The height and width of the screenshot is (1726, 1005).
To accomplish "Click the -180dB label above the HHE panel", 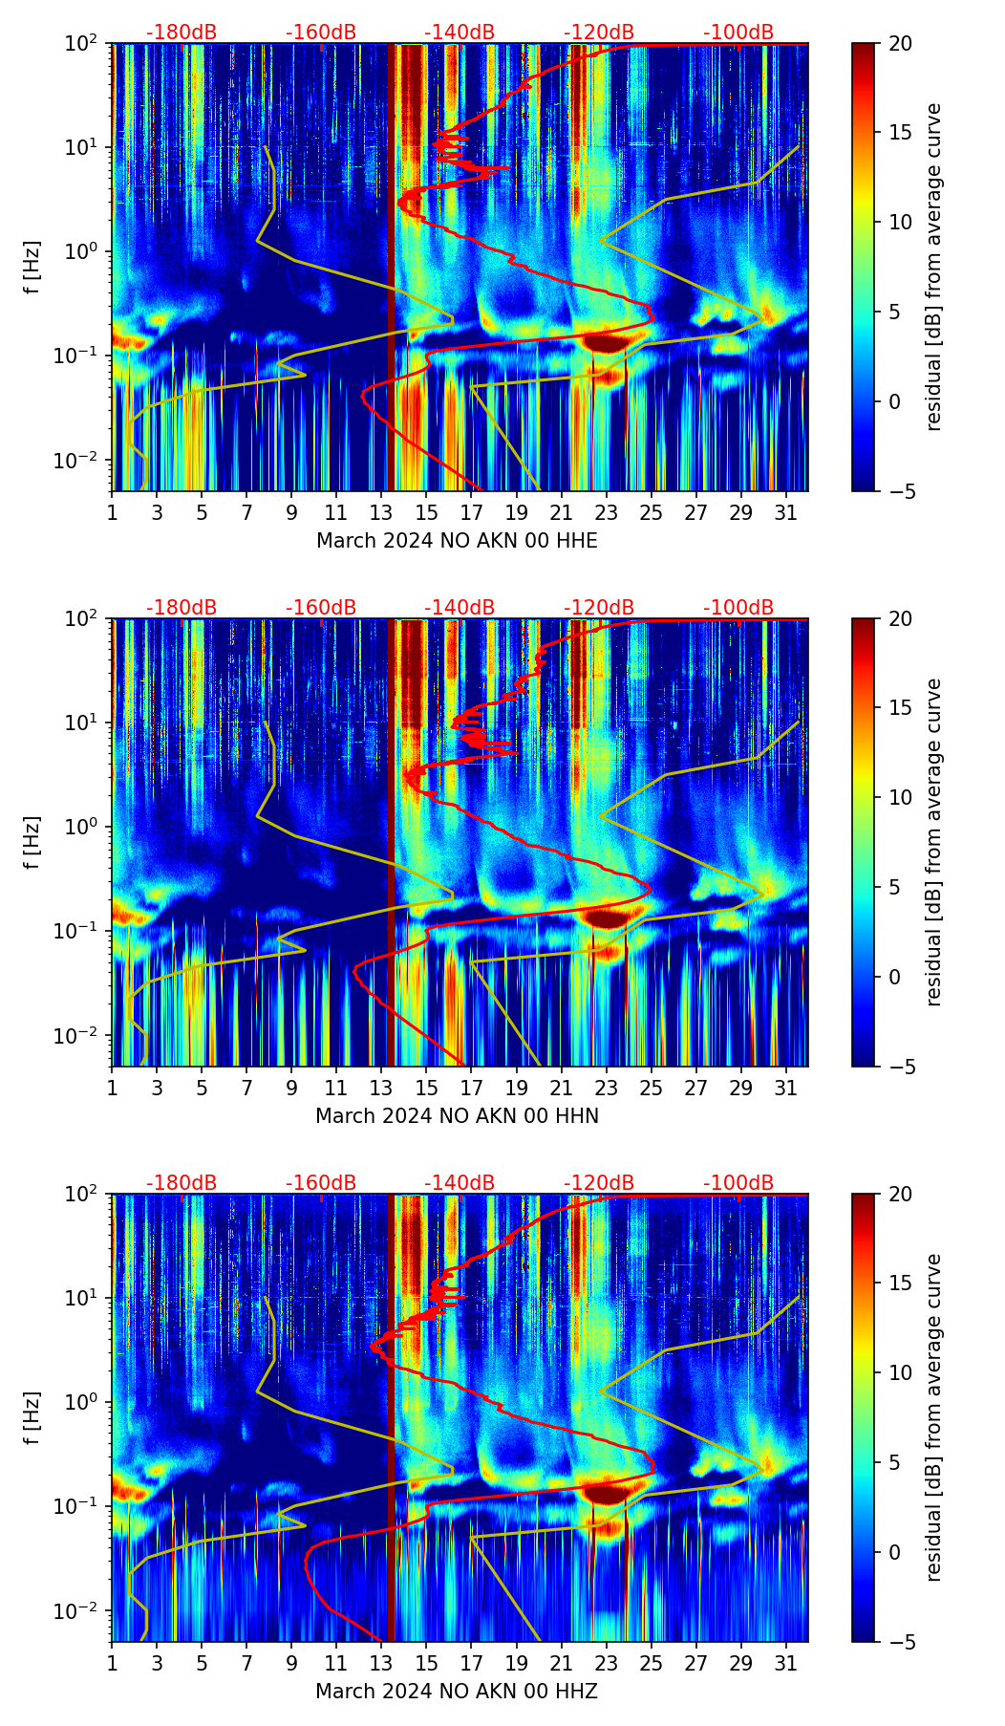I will [x=182, y=32].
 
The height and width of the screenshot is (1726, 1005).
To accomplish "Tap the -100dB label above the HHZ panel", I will [x=738, y=1183].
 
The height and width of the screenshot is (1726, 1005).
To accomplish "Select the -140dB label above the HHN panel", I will [x=460, y=608].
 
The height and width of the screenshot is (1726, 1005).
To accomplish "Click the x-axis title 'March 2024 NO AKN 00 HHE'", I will [x=457, y=541].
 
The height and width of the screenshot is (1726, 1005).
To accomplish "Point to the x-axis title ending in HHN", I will [x=457, y=1116].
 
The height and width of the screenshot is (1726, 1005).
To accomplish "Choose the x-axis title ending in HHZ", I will [x=457, y=1692].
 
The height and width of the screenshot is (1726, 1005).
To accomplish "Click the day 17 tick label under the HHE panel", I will [x=472, y=513].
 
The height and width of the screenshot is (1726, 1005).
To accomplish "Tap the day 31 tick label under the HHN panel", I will [x=786, y=1089].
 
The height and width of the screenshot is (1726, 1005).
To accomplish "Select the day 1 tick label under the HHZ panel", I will [x=113, y=1664].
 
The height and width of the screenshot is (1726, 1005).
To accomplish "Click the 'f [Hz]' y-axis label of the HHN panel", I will [x=33, y=842].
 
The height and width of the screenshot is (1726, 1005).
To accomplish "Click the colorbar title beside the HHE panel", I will [x=933, y=267].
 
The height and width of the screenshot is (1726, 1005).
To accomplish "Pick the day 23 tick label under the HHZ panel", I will [x=607, y=1664].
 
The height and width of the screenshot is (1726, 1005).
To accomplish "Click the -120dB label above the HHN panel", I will [x=599, y=608].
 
